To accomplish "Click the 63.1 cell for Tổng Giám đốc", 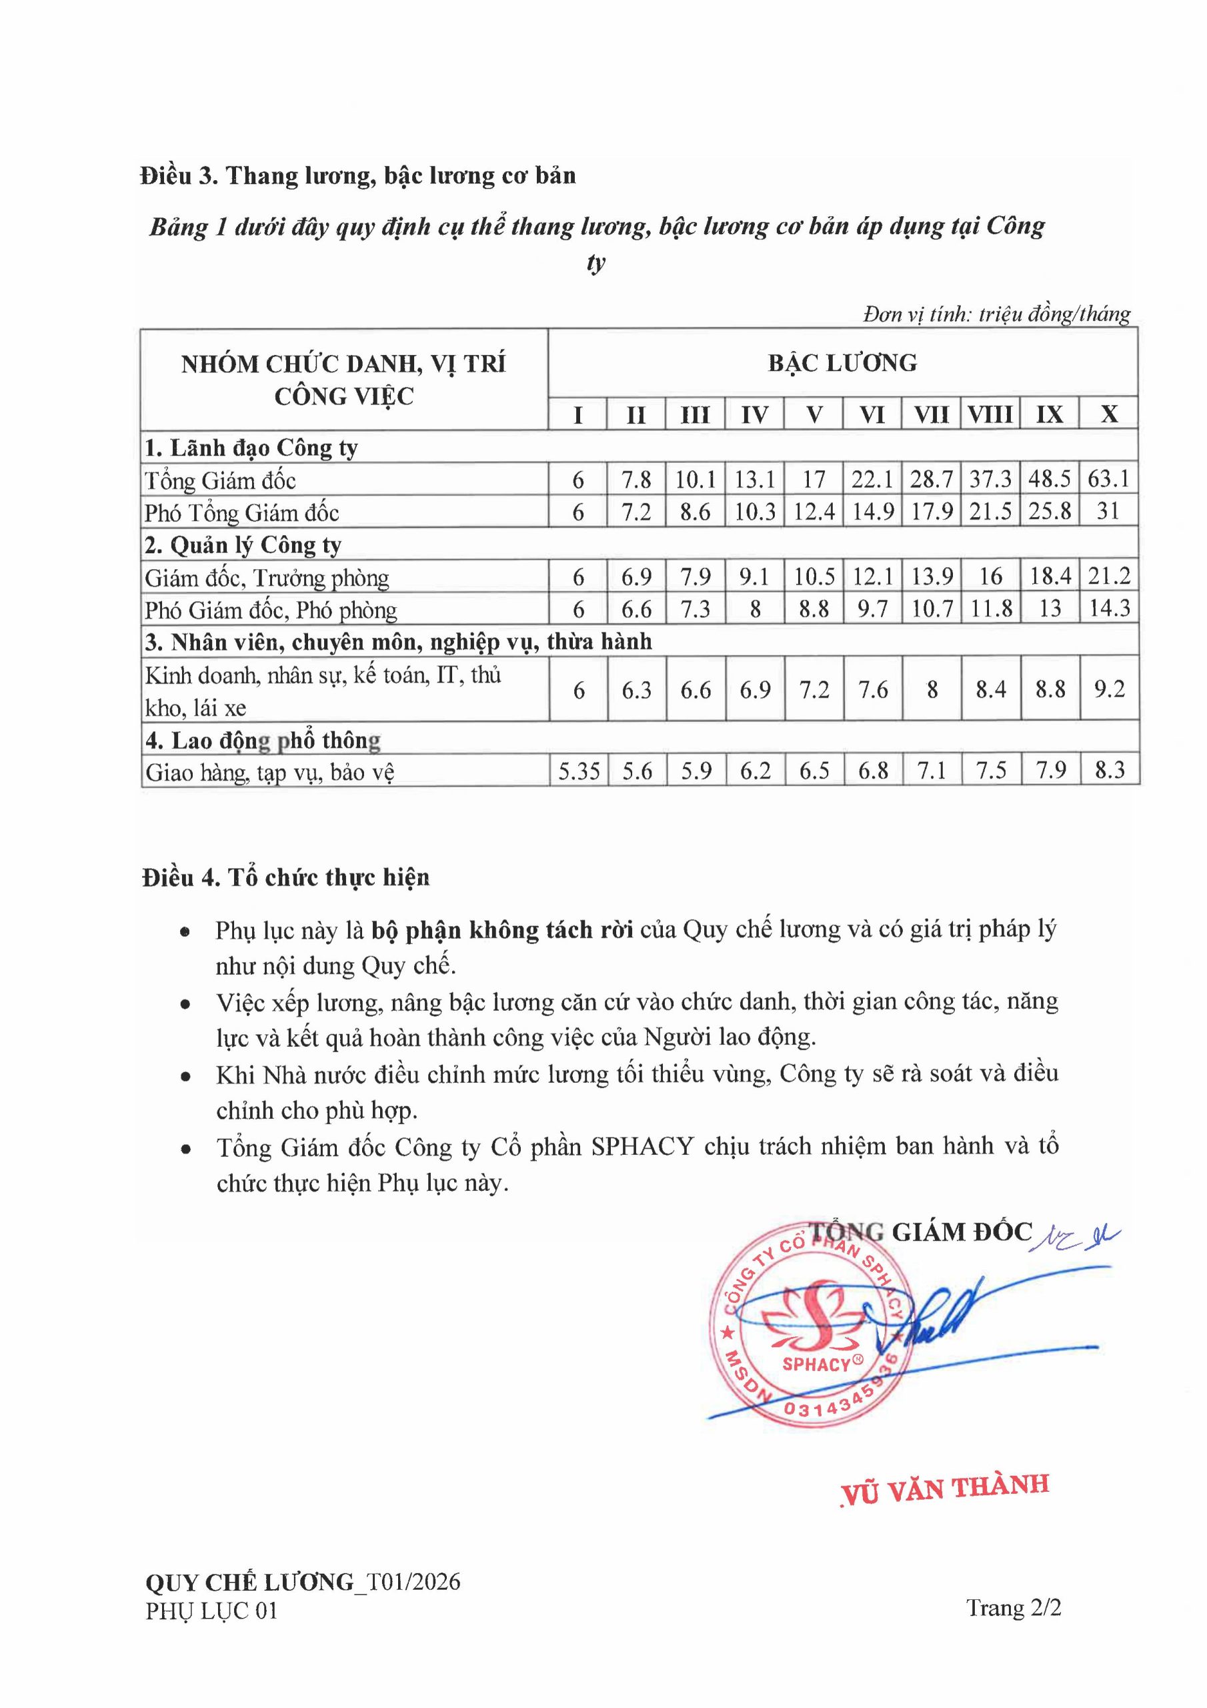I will click(1108, 478).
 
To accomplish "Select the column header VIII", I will click(990, 414).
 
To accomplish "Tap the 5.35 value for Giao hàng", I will click(579, 771).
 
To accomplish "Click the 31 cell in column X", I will click(1108, 511).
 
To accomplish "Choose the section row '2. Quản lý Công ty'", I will click(243, 545).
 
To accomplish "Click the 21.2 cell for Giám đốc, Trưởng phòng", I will click(1109, 576).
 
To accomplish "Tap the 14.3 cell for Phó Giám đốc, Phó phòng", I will click(1109, 608).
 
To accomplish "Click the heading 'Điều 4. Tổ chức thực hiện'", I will click(285, 878).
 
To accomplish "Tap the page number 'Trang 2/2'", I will click(1014, 1607).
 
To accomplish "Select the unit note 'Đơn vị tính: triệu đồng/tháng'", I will click(996, 314).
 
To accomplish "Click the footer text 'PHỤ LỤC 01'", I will click(211, 1611).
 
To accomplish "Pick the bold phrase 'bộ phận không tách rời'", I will click(502, 930).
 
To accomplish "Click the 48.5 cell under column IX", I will click(1050, 478).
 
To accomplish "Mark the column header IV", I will click(754, 414).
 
